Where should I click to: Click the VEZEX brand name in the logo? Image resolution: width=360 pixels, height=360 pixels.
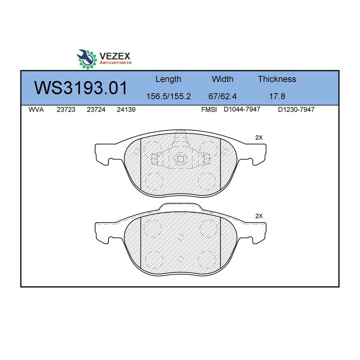(114, 56)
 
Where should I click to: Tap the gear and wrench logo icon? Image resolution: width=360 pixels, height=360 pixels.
(87, 58)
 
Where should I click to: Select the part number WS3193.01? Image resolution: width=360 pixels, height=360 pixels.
(81, 88)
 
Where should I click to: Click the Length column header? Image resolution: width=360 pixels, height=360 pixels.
(168, 79)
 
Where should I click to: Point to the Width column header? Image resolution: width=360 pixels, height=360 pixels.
(222, 79)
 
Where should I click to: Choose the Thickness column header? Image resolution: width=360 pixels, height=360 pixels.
(277, 79)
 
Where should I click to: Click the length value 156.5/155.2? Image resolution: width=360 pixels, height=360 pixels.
(168, 97)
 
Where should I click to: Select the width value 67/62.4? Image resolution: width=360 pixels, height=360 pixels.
(222, 97)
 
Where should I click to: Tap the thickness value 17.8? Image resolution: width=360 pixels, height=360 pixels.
(277, 97)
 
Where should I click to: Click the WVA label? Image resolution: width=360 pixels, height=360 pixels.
(36, 110)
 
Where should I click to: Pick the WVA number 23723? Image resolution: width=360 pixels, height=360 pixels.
(66, 110)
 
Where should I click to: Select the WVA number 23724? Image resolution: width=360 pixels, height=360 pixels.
(96, 110)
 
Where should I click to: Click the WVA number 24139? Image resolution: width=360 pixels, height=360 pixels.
(126, 110)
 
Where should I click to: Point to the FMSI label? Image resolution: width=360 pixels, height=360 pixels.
(209, 110)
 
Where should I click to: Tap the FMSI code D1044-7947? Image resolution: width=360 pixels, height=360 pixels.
(242, 110)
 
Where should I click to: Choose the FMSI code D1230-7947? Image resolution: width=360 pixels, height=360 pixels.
(296, 110)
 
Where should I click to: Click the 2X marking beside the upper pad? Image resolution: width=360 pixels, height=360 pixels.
(259, 138)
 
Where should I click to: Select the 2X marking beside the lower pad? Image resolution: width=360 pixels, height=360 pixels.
(259, 216)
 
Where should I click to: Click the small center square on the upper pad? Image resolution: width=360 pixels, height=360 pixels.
(180, 159)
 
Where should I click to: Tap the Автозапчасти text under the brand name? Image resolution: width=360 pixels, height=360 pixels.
(115, 63)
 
